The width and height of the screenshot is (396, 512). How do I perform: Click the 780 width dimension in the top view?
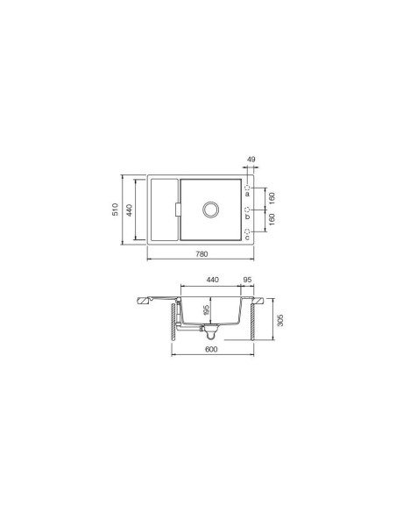201,254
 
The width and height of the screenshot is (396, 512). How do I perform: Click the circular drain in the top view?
210,209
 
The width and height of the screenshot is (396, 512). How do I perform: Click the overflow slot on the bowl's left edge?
177,209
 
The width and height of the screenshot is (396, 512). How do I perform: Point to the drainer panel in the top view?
162,209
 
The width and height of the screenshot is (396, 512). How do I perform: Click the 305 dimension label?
279,320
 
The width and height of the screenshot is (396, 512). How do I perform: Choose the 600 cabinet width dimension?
211,351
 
